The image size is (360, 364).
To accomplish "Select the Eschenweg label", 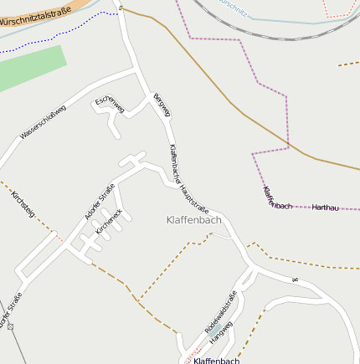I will click(111, 105).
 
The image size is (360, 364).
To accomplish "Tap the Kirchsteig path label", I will click(23, 204).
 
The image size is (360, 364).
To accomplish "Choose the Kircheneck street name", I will click(110, 220).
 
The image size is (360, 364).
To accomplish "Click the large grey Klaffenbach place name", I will click(193, 220).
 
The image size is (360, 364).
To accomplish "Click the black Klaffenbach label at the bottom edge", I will click(216, 361).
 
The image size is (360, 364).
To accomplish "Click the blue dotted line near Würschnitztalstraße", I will click(50, 38).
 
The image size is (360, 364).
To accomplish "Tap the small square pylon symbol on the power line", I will click(11, 326).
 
